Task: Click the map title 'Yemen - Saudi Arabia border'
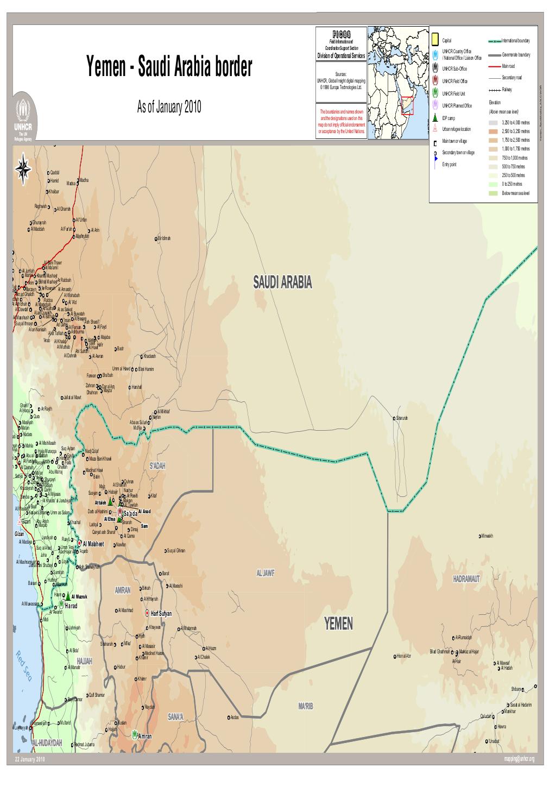coord(169,70)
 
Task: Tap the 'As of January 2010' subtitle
coord(169,107)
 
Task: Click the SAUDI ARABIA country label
coord(282,282)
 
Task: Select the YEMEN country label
coord(338,624)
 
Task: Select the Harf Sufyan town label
coord(161,613)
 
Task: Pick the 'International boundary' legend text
coord(520,41)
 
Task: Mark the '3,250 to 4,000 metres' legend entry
coord(517,123)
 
